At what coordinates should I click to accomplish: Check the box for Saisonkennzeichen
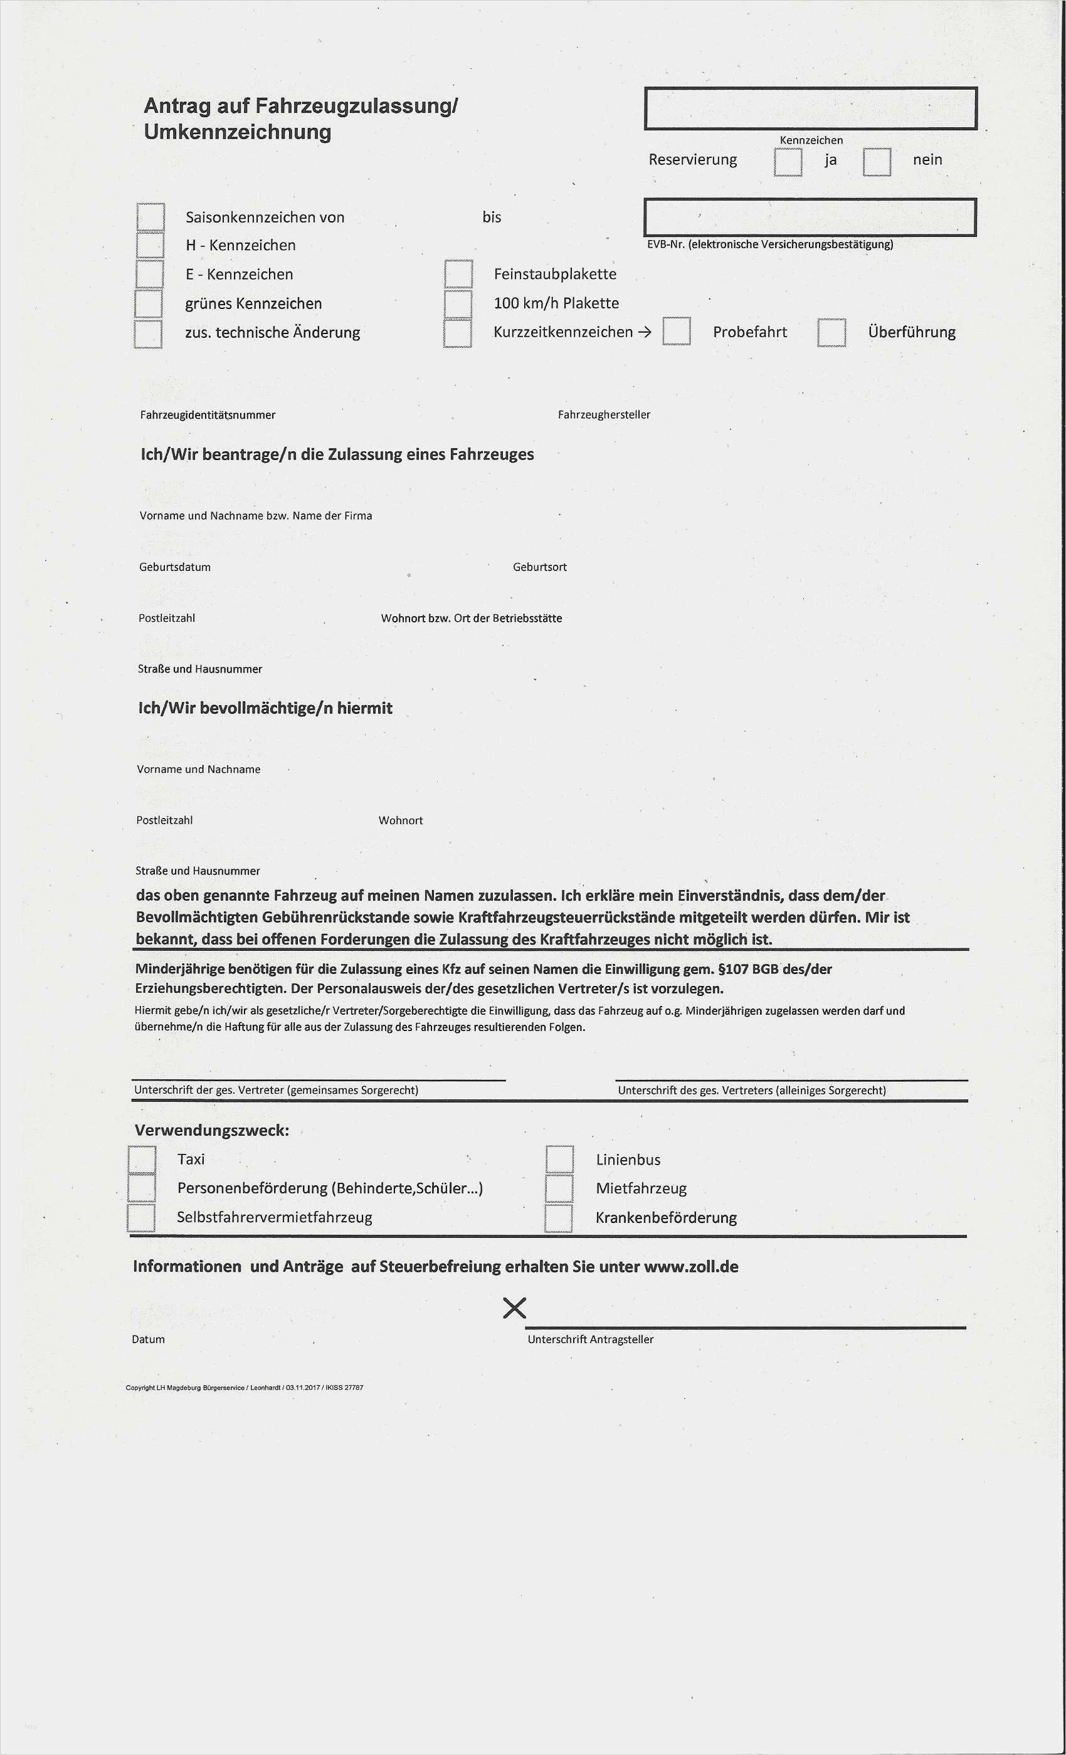tap(150, 216)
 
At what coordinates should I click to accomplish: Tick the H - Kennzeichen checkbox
tap(150, 244)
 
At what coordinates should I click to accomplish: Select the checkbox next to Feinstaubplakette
tap(458, 273)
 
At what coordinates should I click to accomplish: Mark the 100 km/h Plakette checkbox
tap(458, 303)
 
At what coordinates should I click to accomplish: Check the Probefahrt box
tap(676, 331)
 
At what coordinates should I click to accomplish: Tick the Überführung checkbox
tap(831, 332)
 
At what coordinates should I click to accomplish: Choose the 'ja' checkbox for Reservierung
tap(788, 162)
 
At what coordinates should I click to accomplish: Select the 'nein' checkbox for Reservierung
tap(877, 162)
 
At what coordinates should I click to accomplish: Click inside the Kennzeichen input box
tap(810, 108)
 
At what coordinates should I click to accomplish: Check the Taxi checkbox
tap(142, 1159)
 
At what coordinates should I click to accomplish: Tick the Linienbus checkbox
tap(559, 1159)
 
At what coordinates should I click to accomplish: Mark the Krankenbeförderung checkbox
tap(559, 1217)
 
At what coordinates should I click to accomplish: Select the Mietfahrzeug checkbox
tap(559, 1188)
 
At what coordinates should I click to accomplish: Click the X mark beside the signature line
tap(514, 1307)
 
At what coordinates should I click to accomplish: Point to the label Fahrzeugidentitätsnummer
tap(208, 414)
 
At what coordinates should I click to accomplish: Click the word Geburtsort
tap(539, 567)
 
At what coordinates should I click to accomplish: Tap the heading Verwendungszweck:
tap(212, 1130)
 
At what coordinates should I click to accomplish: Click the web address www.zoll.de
tap(690, 1266)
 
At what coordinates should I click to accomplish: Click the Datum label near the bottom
tap(148, 1339)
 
